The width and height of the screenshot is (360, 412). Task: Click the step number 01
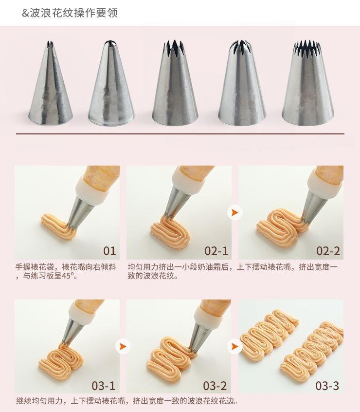point(109,251)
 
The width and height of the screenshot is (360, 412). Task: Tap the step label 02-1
point(216,251)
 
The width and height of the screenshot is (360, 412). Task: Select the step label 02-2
point(328,251)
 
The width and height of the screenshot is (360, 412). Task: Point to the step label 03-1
point(104,386)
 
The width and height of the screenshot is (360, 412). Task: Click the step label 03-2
point(215,386)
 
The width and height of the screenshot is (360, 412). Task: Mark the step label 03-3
point(327,386)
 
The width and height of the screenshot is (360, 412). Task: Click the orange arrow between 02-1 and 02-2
point(235,212)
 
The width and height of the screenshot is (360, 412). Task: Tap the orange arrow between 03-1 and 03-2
point(123,346)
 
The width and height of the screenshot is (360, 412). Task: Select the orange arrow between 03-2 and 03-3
point(235,346)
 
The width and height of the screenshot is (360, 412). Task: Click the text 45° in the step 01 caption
point(68,276)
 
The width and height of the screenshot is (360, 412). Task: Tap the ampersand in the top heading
point(25,13)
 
